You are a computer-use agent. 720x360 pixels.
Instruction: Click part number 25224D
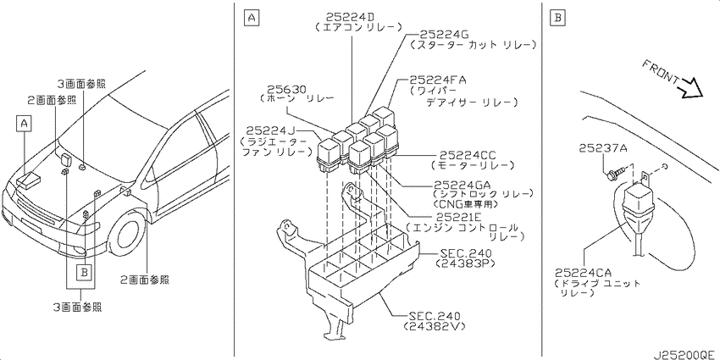[351, 17]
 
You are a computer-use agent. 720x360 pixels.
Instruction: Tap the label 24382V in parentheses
[434, 326]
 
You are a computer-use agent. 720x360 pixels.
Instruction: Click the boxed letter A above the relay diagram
[251, 18]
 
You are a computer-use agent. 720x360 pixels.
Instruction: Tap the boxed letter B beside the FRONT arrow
[557, 18]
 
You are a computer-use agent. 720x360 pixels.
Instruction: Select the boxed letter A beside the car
[25, 124]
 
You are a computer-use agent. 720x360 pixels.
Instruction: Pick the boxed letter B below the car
[84, 272]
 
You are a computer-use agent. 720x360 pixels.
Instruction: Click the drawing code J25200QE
[684, 355]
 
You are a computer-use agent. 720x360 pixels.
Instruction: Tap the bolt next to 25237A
[613, 174]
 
